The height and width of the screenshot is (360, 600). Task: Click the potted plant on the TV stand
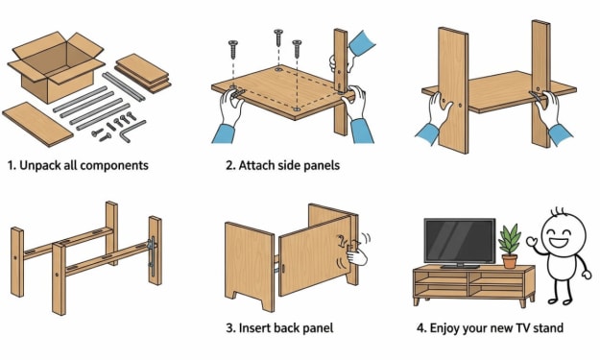510,247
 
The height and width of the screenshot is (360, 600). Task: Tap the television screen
460,240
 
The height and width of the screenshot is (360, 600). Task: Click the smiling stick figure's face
566,233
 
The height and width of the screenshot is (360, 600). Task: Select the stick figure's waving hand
532,242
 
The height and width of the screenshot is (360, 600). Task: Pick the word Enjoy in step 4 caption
444,328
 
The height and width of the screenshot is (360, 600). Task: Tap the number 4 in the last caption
420,328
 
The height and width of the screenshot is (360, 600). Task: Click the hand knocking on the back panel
356,254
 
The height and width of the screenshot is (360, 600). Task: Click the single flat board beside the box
37,124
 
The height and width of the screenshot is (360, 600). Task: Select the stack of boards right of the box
143,73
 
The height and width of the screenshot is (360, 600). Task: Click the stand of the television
459,265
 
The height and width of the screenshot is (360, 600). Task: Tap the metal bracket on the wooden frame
152,253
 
